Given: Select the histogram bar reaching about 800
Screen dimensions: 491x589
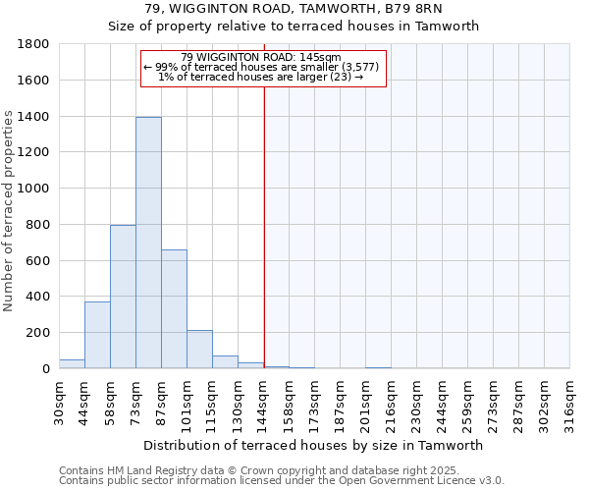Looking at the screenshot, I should point(123,297).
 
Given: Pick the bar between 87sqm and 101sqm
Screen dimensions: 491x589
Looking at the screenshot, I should point(174,309).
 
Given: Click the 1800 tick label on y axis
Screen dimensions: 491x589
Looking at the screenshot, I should point(33,44).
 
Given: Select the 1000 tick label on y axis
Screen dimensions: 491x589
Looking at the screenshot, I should point(33,189).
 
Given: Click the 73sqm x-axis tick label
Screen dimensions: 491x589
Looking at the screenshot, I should point(136,399).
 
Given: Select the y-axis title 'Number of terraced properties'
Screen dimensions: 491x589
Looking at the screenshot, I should point(9,211).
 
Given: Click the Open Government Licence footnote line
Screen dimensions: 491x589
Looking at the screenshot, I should point(282,481).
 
